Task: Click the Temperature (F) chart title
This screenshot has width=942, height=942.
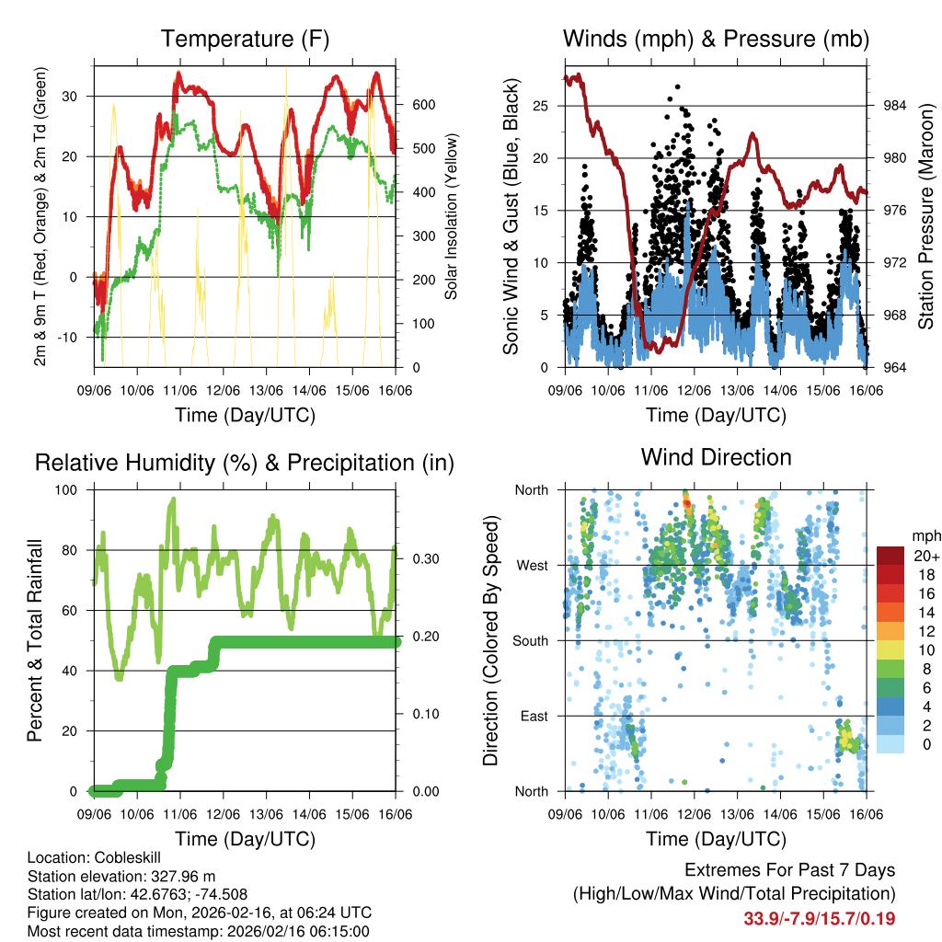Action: pyautogui.click(x=245, y=40)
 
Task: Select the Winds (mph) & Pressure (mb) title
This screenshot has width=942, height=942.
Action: pyautogui.click(x=716, y=40)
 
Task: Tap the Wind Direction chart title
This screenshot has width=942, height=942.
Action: pyautogui.click(x=716, y=457)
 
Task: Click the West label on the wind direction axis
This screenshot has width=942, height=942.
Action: pyautogui.click(x=532, y=565)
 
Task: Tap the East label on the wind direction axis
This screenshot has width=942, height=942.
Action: pyautogui.click(x=533, y=716)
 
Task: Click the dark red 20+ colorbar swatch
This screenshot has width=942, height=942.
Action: pyautogui.click(x=890, y=556)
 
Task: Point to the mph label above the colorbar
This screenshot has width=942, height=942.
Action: pyautogui.click(x=925, y=535)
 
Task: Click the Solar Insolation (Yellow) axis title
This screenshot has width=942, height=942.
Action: pyautogui.click(x=451, y=216)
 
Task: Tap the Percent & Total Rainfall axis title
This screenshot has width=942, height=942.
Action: pyautogui.click(x=35, y=640)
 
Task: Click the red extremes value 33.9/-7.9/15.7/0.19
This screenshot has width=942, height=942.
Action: pyautogui.click(x=819, y=918)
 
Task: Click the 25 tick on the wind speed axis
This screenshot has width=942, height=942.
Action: pyautogui.click(x=542, y=106)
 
